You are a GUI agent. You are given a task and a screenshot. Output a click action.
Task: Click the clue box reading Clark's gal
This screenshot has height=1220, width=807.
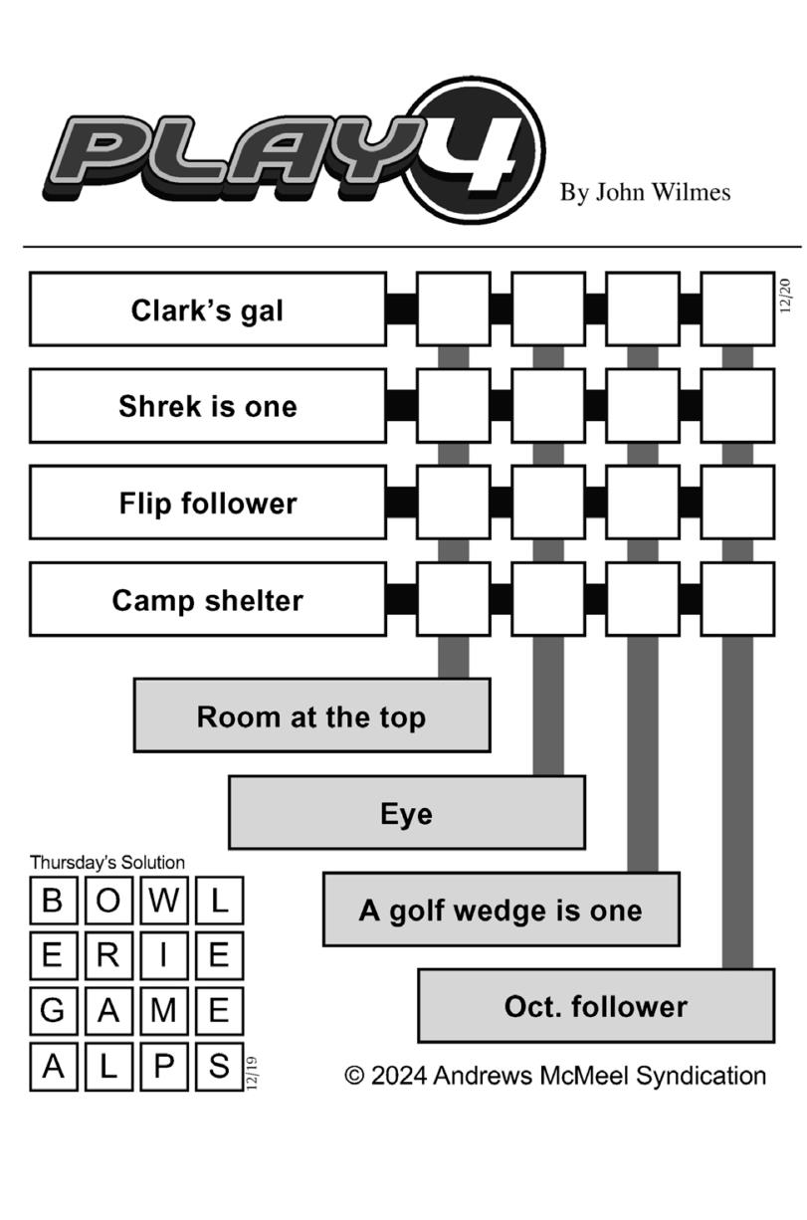tap(207, 309)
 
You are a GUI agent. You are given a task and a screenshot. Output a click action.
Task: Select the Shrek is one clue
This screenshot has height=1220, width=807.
tap(207, 406)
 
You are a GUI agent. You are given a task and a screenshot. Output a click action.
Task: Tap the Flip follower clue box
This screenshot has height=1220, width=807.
tap(207, 503)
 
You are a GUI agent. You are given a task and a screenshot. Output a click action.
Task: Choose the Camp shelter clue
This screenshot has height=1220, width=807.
tap(207, 599)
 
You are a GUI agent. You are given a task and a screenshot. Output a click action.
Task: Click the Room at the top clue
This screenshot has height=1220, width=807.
tap(311, 715)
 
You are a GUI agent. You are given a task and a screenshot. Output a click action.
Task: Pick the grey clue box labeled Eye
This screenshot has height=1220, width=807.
tap(406, 813)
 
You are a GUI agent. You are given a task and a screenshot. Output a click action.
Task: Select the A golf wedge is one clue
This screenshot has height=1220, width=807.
tap(501, 910)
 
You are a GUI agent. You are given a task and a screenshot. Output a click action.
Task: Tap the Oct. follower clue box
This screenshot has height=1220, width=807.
tap(595, 1006)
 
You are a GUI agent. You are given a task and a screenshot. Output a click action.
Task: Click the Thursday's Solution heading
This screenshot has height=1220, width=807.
tap(106, 862)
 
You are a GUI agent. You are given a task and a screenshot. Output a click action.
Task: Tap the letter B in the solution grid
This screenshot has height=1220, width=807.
tap(53, 901)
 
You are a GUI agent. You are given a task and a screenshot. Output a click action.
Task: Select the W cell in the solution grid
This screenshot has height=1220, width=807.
tap(164, 901)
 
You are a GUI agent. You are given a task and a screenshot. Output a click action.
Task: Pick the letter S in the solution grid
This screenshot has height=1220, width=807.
tap(219, 1067)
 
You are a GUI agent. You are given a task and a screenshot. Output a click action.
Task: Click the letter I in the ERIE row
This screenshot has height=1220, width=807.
tap(164, 955)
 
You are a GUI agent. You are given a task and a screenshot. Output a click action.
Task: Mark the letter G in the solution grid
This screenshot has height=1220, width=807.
tap(53, 1011)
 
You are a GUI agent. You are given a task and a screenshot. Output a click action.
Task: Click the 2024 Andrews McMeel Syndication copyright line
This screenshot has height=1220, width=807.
tap(555, 1076)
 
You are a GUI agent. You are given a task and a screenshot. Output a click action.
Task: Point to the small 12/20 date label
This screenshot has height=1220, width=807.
tap(786, 296)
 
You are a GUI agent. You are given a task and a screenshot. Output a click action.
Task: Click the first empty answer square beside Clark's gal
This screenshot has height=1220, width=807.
tap(453, 309)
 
